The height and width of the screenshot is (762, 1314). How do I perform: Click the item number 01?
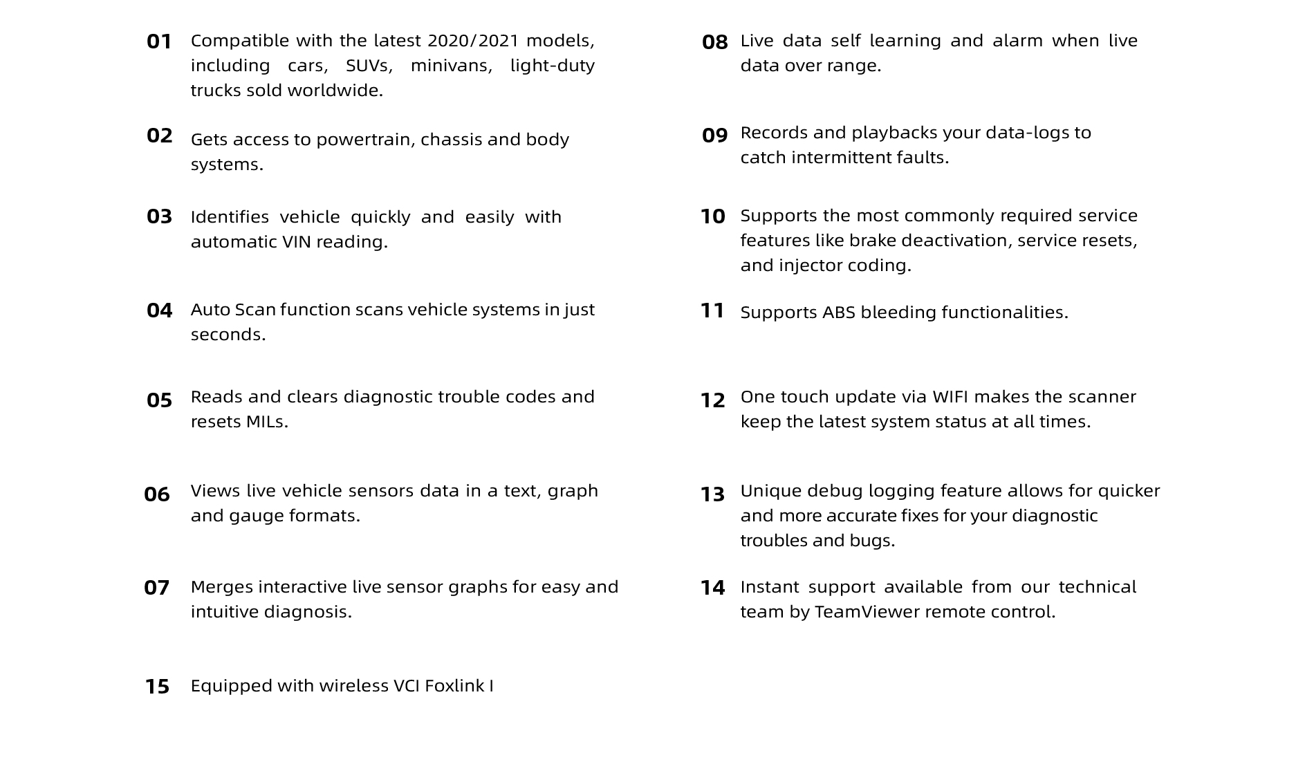point(159,41)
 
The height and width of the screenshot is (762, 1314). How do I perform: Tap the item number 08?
point(714,42)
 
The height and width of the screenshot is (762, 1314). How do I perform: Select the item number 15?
point(157,687)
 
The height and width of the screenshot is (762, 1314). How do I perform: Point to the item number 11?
point(712,310)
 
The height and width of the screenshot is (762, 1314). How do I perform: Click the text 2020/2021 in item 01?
point(472,41)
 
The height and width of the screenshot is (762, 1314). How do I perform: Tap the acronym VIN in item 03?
point(297,242)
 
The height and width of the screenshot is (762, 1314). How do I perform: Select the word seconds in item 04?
point(227,335)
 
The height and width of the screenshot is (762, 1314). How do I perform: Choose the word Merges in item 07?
point(221,587)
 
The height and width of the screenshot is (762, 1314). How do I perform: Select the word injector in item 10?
point(806,266)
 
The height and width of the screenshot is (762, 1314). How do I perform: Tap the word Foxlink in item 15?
point(454,686)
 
